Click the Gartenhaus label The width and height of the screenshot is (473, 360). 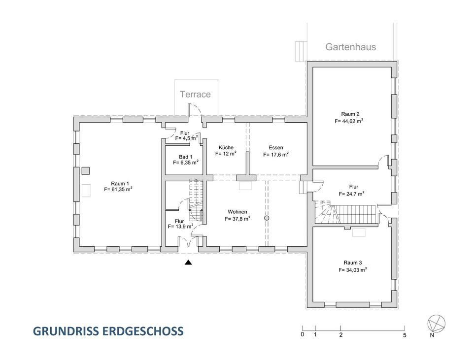click(350, 47)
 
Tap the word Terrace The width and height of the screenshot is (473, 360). click(195, 94)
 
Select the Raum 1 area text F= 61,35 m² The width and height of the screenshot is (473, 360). click(118, 189)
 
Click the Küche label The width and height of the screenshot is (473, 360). click(225, 147)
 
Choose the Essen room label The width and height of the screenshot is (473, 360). click(276, 147)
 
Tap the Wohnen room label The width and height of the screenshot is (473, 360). click(237, 212)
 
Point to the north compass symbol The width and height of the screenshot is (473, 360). click(437, 323)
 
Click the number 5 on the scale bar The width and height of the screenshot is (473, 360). click(405, 335)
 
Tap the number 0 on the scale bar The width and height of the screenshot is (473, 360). click(302, 335)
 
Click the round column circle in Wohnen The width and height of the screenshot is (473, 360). click(267, 218)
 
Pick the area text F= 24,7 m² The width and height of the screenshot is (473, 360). click(352, 194)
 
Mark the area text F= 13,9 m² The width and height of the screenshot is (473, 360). click(180, 227)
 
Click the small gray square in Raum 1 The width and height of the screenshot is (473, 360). click(86, 171)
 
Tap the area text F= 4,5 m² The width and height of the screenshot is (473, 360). click(186, 139)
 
